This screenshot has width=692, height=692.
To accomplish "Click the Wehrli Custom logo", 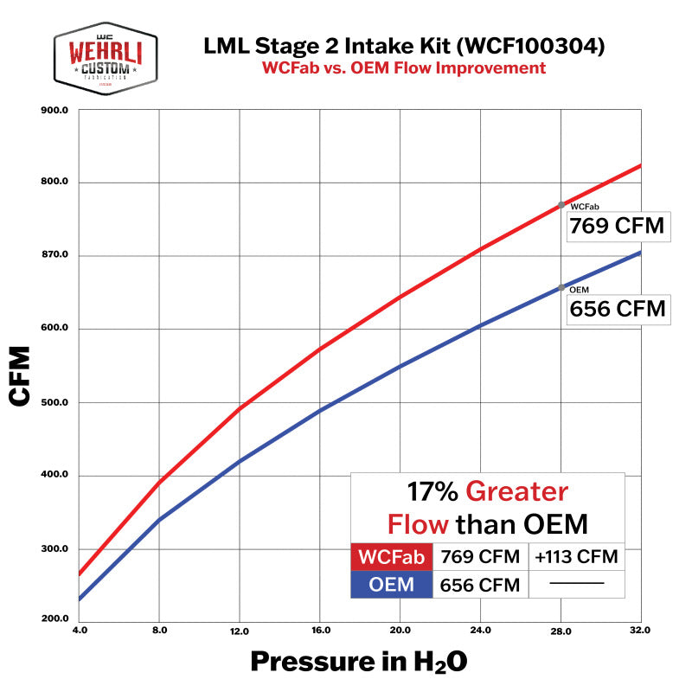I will (106, 57).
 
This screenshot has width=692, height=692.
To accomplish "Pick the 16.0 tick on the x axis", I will (319, 631).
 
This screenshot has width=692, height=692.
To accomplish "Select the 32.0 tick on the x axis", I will (640, 631).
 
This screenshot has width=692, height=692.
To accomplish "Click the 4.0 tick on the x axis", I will (79, 631).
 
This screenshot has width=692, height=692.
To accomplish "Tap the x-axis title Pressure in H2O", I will (359, 663).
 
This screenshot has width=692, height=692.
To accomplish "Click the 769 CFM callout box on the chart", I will (617, 227).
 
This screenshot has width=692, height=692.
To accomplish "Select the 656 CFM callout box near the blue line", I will (617, 309).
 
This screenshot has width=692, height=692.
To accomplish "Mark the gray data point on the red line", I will (561, 205).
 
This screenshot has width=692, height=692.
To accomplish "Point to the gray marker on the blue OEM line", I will (561, 287).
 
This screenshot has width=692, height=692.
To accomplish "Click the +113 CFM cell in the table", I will (575, 556).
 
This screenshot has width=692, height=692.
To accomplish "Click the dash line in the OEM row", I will (575, 585).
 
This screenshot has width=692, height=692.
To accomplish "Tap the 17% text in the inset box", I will (432, 492).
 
